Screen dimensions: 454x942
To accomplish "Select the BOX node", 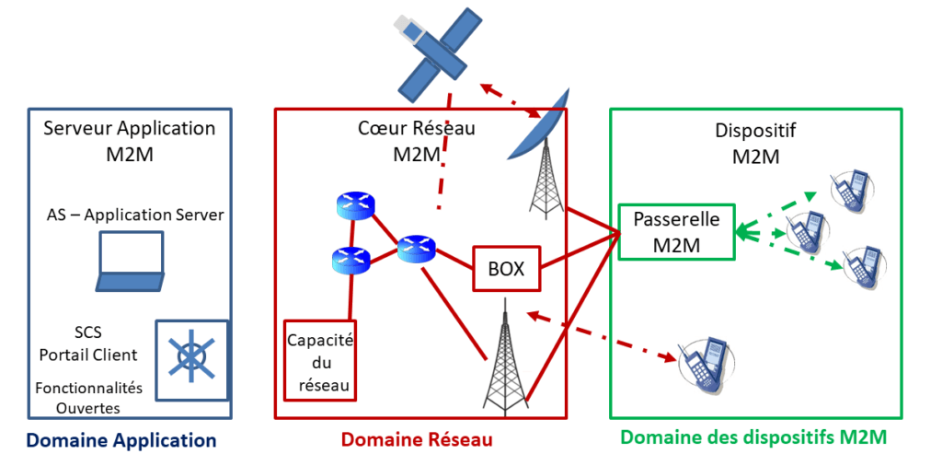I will [505, 269].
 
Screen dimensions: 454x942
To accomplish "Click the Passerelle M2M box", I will [676, 232].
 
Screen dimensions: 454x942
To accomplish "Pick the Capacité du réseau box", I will [320, 360].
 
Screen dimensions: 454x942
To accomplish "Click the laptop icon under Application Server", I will [131, 264].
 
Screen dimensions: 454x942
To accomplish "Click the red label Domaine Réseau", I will [417, 440].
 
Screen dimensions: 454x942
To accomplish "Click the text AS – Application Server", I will [135, 215].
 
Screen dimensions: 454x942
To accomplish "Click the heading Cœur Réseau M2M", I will [416, 141].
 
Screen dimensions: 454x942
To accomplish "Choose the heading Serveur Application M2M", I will [130, 140].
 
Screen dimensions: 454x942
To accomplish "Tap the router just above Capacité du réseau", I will [350, 261].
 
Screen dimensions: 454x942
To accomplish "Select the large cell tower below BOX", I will [505, 359].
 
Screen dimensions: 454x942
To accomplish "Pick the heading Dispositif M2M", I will [755, 143].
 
